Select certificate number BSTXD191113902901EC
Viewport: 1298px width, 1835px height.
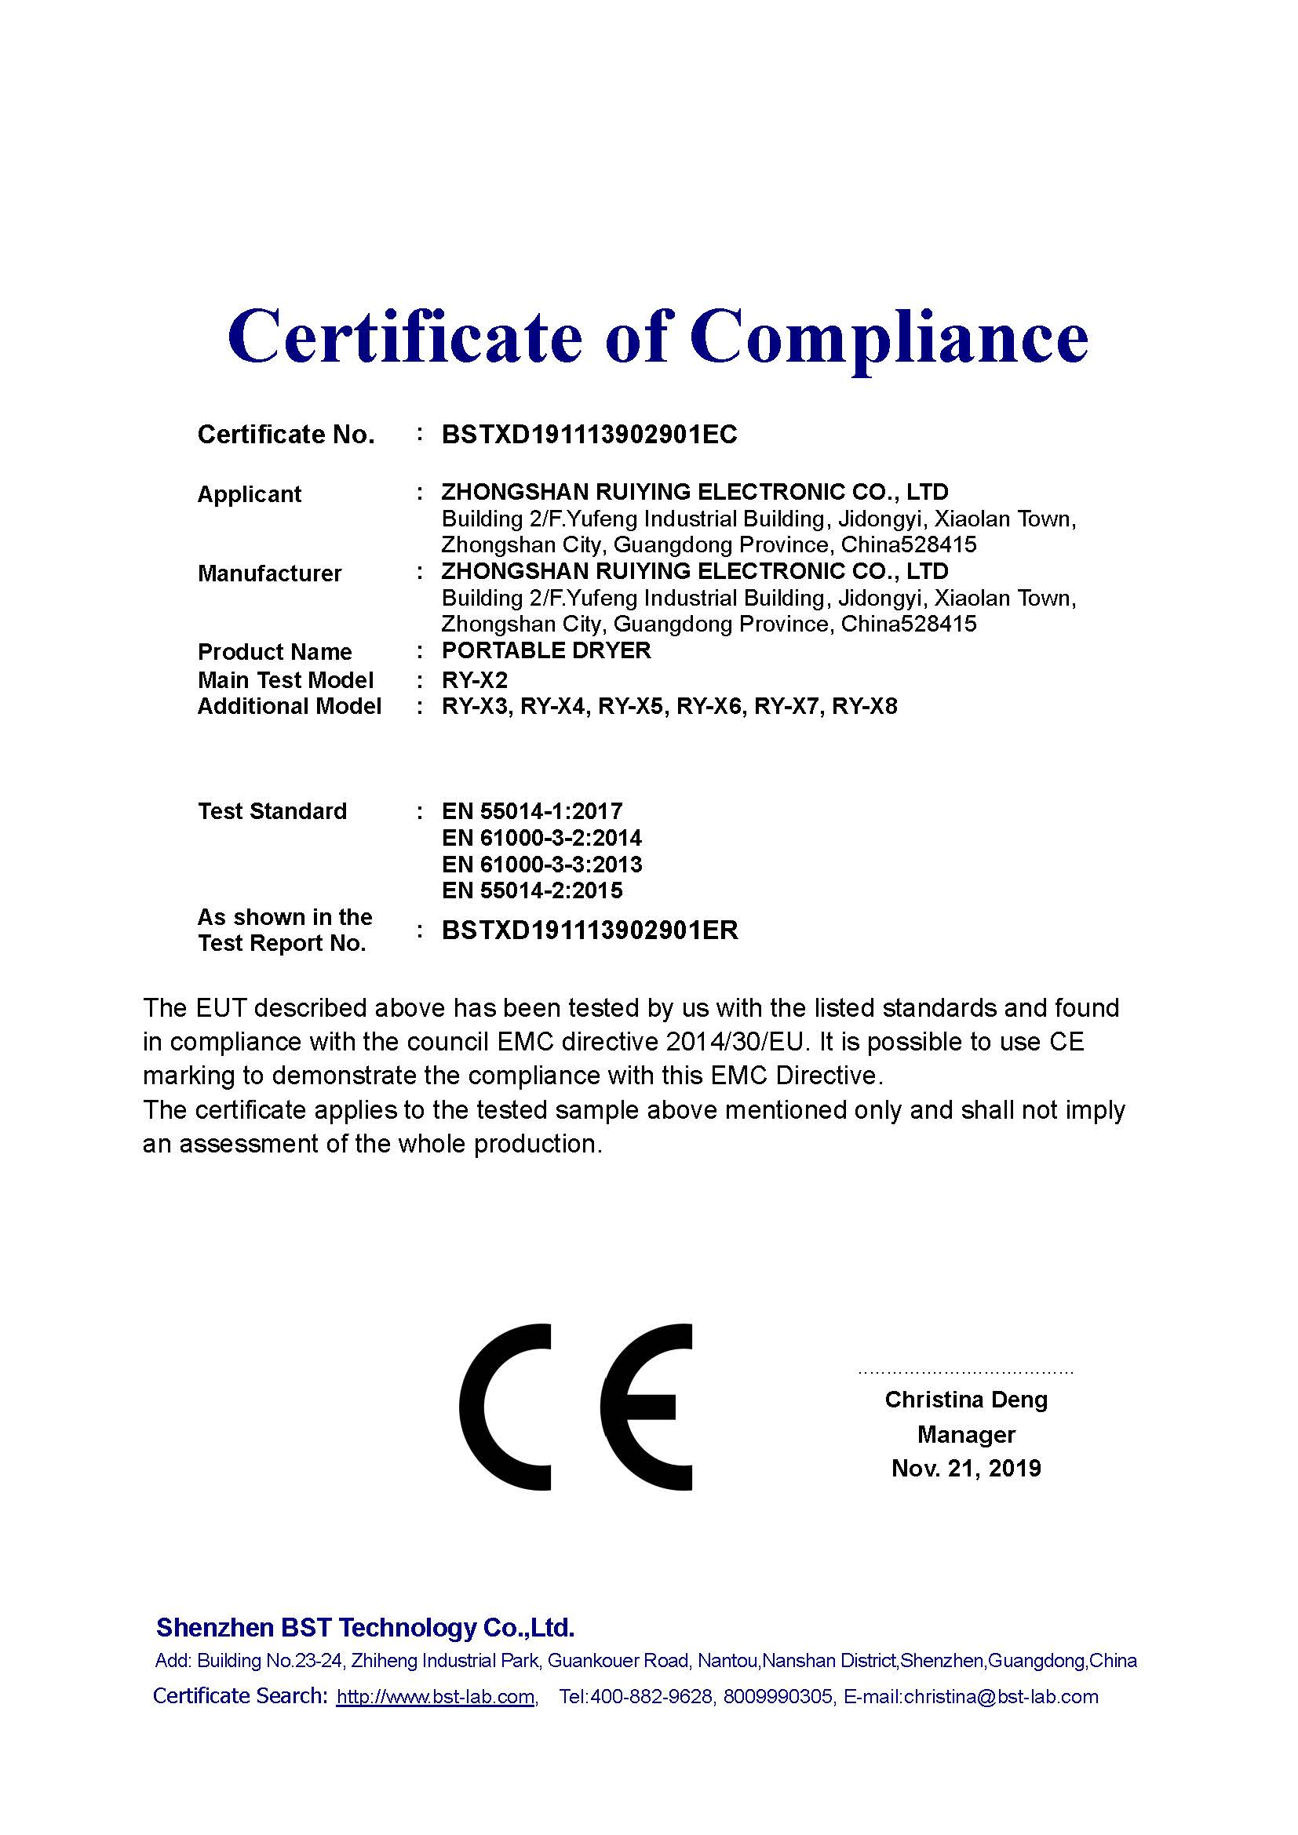(589, 435)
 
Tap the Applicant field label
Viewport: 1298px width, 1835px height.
(250, 494)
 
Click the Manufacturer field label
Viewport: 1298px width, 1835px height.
(269, 573)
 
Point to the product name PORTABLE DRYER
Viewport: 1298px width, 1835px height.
(546, 650)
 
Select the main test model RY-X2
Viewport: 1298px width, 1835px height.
(475, 680)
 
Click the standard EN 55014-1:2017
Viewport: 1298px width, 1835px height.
(531, 811)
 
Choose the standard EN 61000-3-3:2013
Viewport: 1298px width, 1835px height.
(541, 864)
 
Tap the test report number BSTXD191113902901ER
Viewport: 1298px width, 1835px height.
(590, 930)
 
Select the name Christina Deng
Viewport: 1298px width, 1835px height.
(965, 1400)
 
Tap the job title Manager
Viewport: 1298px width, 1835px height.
(965, 1435)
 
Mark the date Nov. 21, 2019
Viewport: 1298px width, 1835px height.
(965, 1469)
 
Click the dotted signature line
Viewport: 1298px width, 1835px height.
(965, 1372)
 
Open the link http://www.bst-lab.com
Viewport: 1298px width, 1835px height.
(435, 1697)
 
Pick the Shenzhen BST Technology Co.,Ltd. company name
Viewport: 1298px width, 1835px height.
(365, 1627)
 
